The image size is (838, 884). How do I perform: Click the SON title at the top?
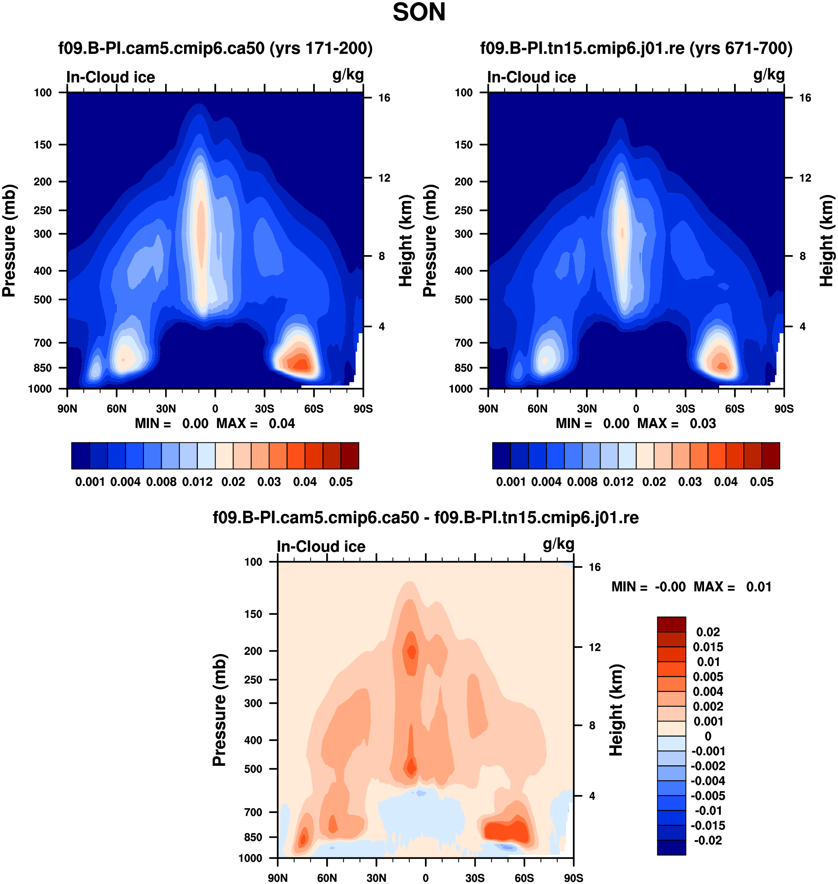[419, 13]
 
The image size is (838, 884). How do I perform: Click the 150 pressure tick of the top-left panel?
[43, 145]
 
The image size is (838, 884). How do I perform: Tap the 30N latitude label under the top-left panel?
[166, 409]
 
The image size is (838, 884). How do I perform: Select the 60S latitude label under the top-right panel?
[735, 409]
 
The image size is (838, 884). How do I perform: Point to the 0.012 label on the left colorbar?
[197, 482]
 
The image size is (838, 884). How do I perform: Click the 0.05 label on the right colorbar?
[762, 482]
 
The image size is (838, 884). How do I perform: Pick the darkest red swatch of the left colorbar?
[350, 456]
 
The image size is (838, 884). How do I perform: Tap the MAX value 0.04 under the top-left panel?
[282, 423]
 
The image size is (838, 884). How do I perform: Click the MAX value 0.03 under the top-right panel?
[703, 423]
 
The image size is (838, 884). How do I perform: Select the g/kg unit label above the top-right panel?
[769, 75]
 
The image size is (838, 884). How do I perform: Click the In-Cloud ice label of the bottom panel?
[321, 546]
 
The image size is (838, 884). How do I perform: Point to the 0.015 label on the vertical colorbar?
[708, 647]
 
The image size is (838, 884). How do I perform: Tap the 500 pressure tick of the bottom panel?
[253, 769]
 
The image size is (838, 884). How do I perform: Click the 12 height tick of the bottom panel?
[595, 647]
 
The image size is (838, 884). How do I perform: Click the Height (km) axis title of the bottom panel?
[616, 709]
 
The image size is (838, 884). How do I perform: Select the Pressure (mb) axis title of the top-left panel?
[9, 241]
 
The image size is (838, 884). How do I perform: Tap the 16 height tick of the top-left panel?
[384, 98]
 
